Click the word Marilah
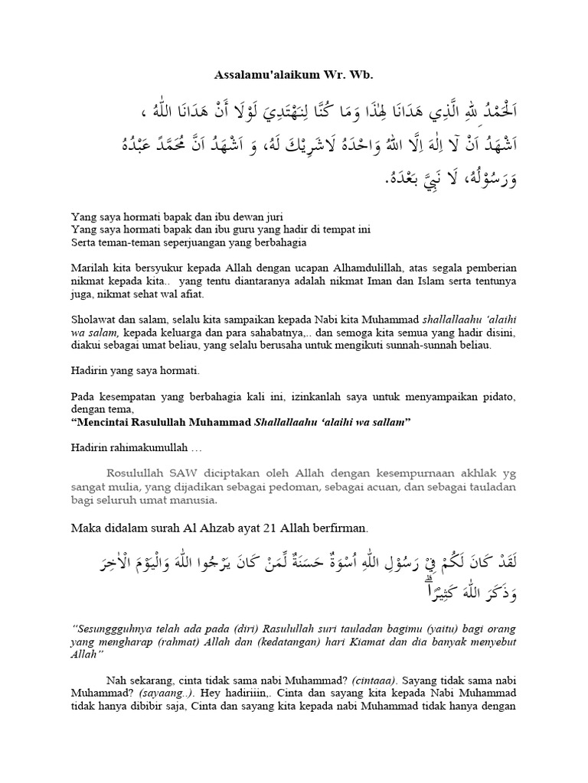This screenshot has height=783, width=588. click(x=89, y=268)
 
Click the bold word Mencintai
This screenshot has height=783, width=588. click(x=104, y=423)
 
